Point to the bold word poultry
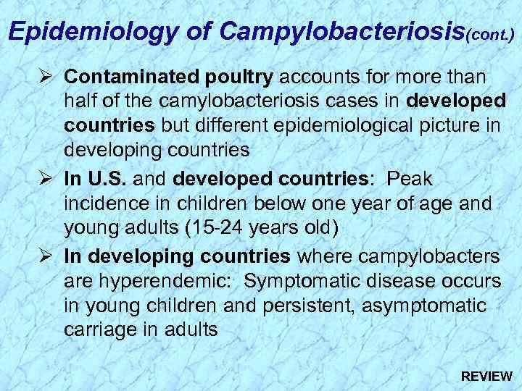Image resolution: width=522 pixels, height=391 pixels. [240, 76]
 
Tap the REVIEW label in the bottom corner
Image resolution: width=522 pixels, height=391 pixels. [486, 376]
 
